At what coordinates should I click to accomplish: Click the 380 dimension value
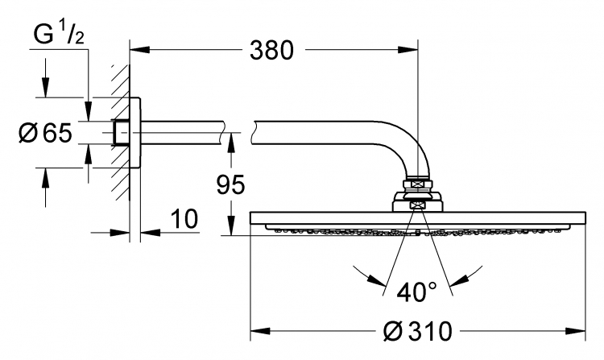tap(271, 51)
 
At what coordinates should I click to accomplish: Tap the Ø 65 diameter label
tap(45, 133)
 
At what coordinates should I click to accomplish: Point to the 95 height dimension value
tap(230, 184)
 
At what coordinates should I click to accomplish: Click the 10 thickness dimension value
tap(184, 219)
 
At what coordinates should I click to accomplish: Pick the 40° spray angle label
tap(417, 292)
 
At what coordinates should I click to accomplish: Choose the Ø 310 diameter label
tap(417, 331)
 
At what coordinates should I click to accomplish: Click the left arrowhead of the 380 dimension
tap(139, 50)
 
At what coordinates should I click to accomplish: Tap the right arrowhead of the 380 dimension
tap(408, 50)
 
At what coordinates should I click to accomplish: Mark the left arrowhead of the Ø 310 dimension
tap(260, 331)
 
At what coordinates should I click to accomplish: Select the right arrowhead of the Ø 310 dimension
tap(576, 331)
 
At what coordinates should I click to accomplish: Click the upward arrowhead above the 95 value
tap(231, 143)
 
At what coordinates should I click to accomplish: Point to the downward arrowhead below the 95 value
tap(231, 226)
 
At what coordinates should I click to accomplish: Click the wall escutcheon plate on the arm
tap(134, 133)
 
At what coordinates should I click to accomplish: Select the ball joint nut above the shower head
tap(417, 184)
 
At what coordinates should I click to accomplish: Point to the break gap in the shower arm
tap(239, 133)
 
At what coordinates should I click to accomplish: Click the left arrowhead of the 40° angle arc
tap(377, 280)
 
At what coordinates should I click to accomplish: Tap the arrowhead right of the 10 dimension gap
tap(151, 233)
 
